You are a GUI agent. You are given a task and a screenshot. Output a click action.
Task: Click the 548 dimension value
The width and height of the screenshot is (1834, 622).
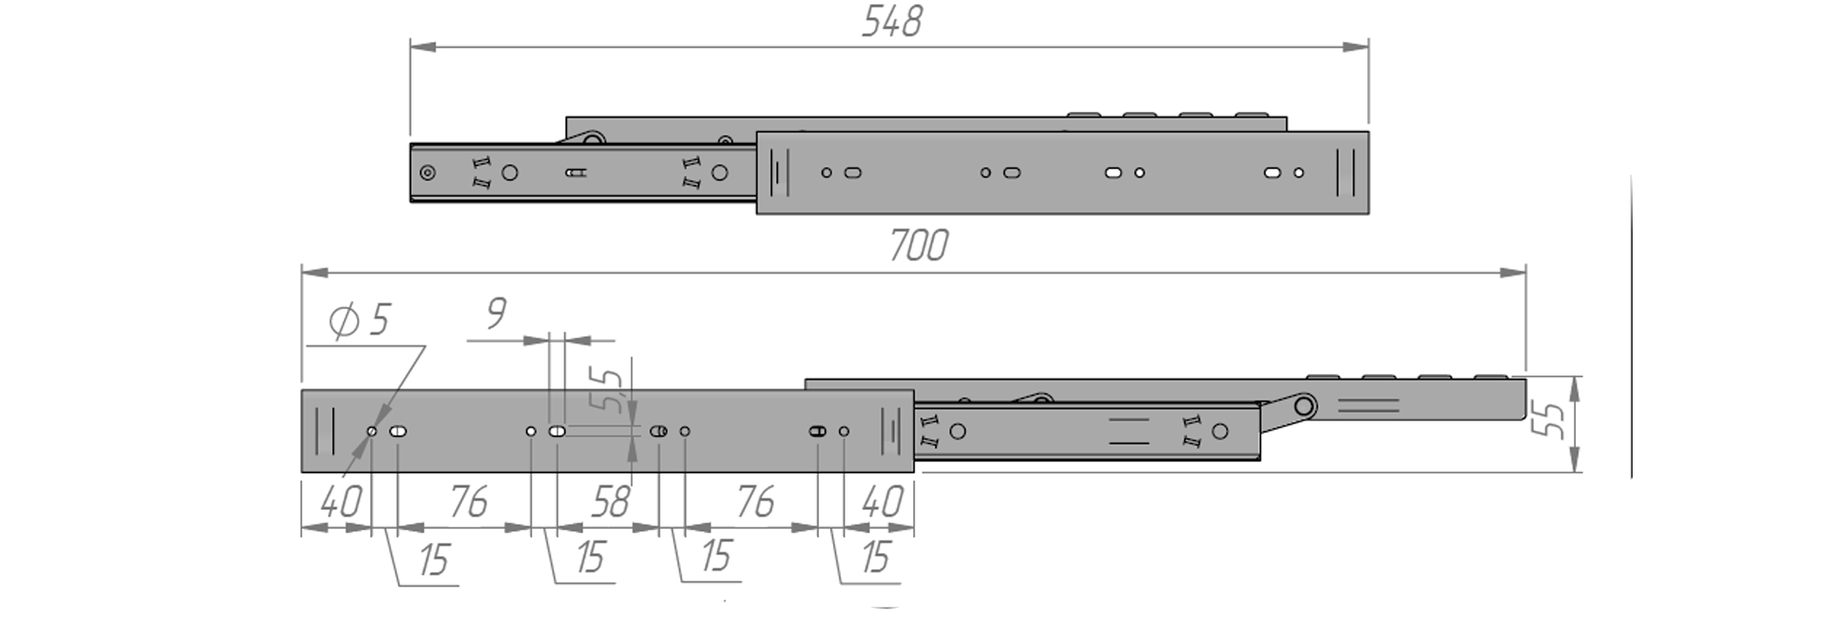point(891,22)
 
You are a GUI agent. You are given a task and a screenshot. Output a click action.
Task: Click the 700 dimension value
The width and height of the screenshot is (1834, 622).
point(918,246)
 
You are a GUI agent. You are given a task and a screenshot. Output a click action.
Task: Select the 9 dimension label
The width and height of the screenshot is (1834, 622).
point(497,313)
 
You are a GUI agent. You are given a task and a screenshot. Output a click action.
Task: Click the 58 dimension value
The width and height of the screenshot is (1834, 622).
point(610,503)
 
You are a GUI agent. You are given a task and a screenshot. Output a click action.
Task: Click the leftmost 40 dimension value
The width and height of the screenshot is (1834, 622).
point(340,502)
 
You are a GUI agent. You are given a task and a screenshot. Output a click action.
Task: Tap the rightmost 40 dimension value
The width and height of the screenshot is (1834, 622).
point(882,502)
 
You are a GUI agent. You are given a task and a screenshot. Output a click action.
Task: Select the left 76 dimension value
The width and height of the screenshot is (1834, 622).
point(469,502)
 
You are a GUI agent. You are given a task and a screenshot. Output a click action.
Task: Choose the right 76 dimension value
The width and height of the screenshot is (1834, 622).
point(755,502)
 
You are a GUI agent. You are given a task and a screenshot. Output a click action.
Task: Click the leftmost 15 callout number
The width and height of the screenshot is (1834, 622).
point(434,560)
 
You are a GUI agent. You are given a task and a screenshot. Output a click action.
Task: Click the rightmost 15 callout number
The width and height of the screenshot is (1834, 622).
point(875,557)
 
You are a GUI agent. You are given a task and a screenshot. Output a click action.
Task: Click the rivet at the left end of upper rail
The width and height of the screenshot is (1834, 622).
point(427,173)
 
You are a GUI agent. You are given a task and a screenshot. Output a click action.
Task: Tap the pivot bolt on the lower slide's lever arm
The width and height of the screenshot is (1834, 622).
point(1305,406)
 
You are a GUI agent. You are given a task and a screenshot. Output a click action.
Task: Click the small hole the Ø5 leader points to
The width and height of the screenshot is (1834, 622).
point(371,432)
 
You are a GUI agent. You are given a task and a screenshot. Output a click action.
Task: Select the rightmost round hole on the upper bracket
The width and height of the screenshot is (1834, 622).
point(1299,173)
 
